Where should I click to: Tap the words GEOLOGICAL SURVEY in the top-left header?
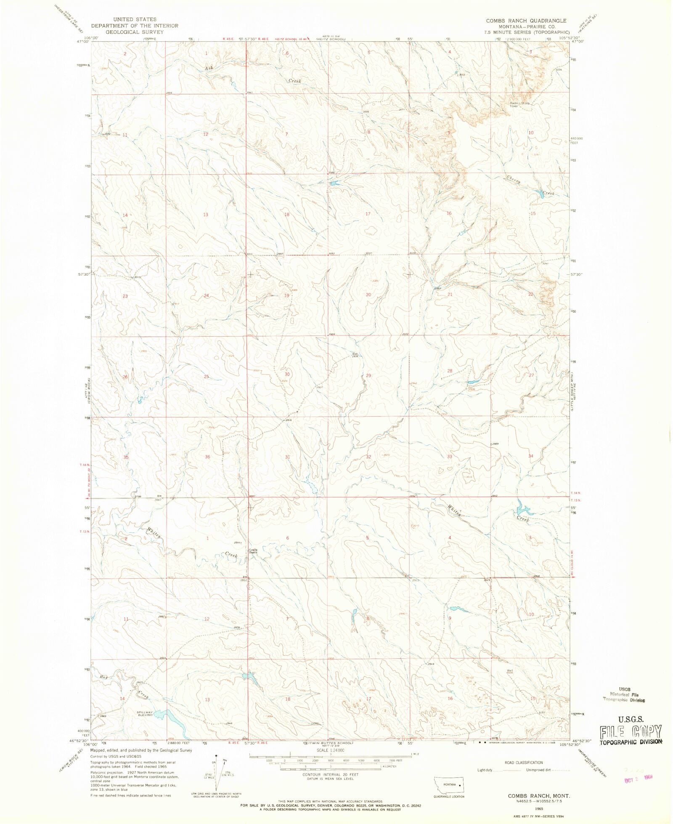tap(134, 32)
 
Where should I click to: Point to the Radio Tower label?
tap(514, 104)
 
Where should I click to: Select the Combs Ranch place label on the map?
tap(252, 551)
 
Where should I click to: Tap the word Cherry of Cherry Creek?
tap(514, 179)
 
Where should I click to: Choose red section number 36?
tap(207, 457)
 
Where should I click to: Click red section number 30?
tap(287, 374)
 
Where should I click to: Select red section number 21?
tap(450, 294)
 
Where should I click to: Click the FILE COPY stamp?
tap(631, 731)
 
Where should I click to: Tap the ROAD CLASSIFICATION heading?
tap(524, 763)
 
